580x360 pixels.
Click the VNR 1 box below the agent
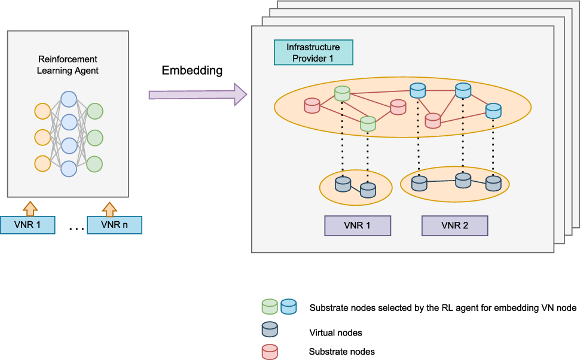28,225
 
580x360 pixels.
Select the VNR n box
114,225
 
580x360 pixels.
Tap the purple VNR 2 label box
454,225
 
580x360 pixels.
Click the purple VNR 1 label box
357,225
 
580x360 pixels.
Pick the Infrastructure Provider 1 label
313,53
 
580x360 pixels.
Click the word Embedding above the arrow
192,71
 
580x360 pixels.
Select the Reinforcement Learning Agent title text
68,65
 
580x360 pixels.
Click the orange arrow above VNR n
109,209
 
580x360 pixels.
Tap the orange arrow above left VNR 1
29,209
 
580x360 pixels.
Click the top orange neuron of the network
42,111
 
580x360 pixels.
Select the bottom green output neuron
94,163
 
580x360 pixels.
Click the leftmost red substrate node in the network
312,106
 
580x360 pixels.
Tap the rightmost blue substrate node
493,110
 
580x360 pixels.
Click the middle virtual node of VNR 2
464,179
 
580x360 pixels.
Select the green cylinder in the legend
270,307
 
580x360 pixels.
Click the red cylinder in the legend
270,352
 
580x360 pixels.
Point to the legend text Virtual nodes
335,332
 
